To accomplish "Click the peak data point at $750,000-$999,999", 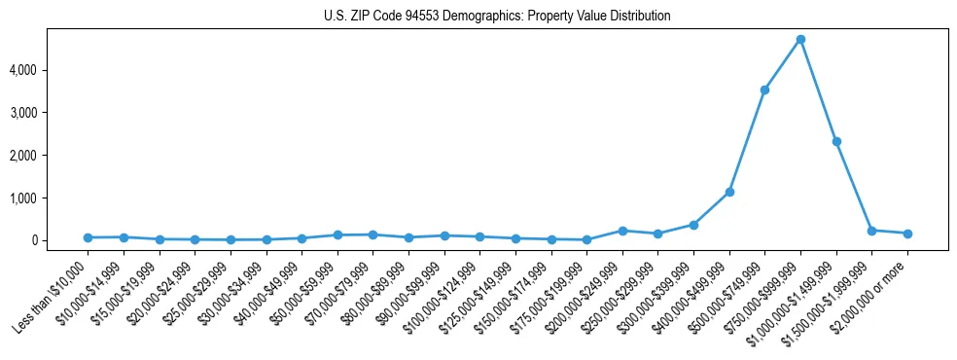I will tap(800, 39).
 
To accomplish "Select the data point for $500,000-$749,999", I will tap(764, 90).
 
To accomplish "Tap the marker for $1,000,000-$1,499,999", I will tap(836, 141).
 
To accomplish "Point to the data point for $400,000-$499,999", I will tap(729, 192).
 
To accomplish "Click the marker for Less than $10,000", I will tap(88, 237).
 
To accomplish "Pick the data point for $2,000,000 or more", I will tap(907, 234).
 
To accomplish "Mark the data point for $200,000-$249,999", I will tap(622, 231).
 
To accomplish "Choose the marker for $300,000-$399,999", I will tap(693, 225).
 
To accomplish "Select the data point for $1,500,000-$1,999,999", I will tap(871, 231).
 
